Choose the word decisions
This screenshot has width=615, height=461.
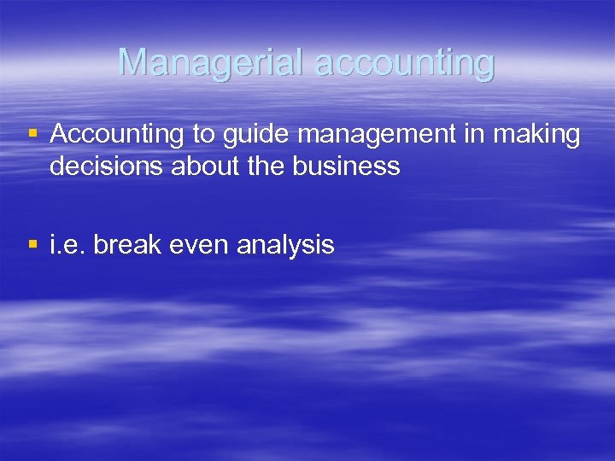click(107, 166)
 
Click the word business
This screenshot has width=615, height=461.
click(347, 166)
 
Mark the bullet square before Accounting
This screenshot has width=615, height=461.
click(32, 133)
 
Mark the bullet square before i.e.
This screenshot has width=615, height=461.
click(32, 244)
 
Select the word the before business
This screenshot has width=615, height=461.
click(273, 166)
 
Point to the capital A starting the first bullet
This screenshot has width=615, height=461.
click(60, 134)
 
